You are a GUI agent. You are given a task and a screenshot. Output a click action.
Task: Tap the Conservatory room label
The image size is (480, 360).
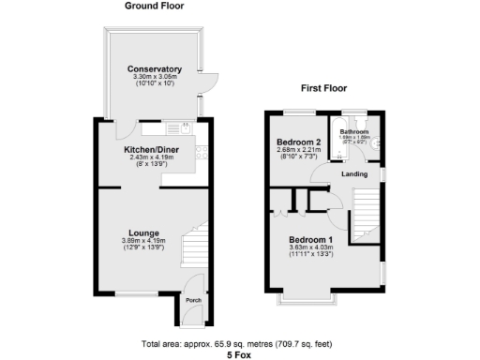coord(155,69)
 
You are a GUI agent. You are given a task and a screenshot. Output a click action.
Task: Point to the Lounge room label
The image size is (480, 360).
coord(142,232)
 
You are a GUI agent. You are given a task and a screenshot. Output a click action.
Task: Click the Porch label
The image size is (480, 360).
coord(193,300)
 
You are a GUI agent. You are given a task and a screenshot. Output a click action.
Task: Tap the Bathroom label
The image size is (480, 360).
coord(354,132)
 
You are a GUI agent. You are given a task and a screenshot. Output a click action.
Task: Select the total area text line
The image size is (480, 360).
coord(240,344)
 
